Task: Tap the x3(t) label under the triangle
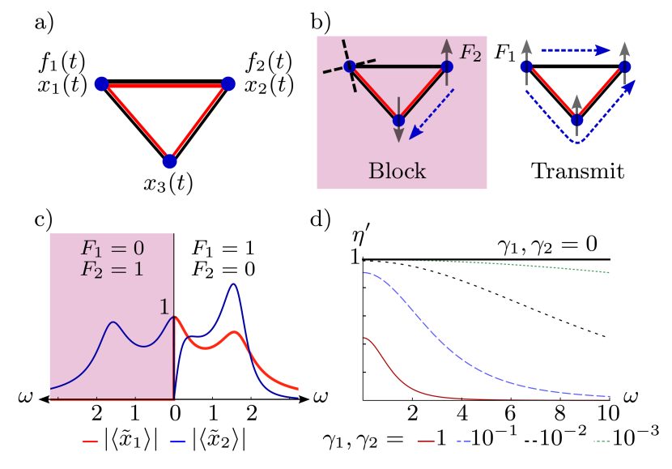(x=168, y=183)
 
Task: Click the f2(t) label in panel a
(x=268, y=62)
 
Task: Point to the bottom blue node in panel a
(x=169, y=160)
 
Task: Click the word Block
(x=398, y=171)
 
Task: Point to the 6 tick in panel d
(x=513, y=413)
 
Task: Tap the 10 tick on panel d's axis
(x=607, y=413)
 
